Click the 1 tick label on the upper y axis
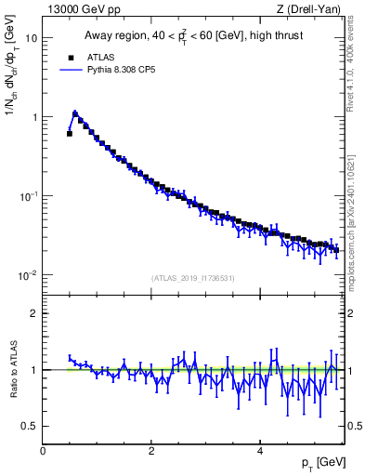pyautogui.click(x=34, y=117)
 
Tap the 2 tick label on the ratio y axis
pyautogui.click(x=34, y=313)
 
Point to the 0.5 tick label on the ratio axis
pyautogui.click(x=30, y=426)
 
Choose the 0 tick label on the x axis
pyautogui.click(x=43, y=451)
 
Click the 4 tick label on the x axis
pyautogui.click(x=259, y=451)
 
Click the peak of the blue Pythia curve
pyautogui.click(x=75, y=113)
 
